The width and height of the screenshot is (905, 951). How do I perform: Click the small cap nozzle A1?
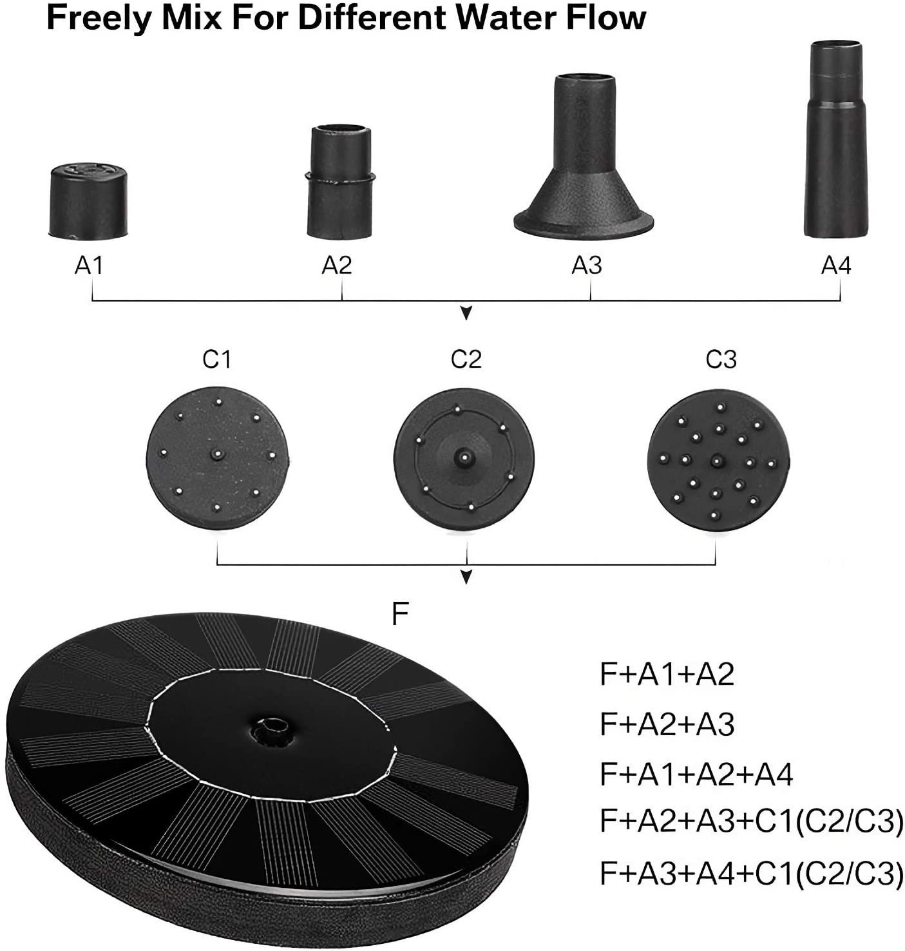tap(88, 201)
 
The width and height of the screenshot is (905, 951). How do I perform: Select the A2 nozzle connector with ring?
tap(341, 182)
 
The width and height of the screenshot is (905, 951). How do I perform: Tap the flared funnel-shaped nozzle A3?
tap(584, 157)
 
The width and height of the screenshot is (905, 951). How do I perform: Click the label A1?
tap(89, 265)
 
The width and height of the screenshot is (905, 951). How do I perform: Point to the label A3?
tap(587, 265)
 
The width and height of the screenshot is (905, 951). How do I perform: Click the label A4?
tap(836, 265)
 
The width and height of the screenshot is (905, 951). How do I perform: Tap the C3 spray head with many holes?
tap(718, 460)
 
